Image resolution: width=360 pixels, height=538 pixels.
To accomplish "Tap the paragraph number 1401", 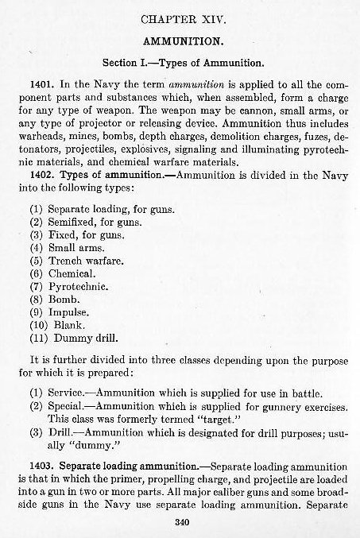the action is [x=40, y=83].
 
